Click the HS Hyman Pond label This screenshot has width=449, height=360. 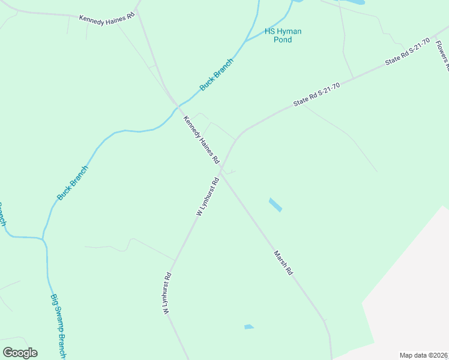(283, 35)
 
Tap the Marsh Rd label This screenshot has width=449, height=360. (283, 263)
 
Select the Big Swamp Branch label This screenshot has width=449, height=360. (58, 324)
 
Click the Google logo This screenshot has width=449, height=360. (20, 353)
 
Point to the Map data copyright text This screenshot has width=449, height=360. (424, 355)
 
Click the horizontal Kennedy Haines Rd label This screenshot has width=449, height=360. (107, 18)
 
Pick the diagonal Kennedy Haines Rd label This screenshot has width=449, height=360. (202, 140)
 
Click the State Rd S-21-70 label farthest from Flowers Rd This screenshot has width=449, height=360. (316, 95)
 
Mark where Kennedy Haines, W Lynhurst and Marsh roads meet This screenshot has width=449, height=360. (221, 172)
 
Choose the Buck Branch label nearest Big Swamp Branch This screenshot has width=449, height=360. (73, 183)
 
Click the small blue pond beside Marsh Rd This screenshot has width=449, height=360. (275, 205)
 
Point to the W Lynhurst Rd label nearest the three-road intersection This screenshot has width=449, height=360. (206, 196)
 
